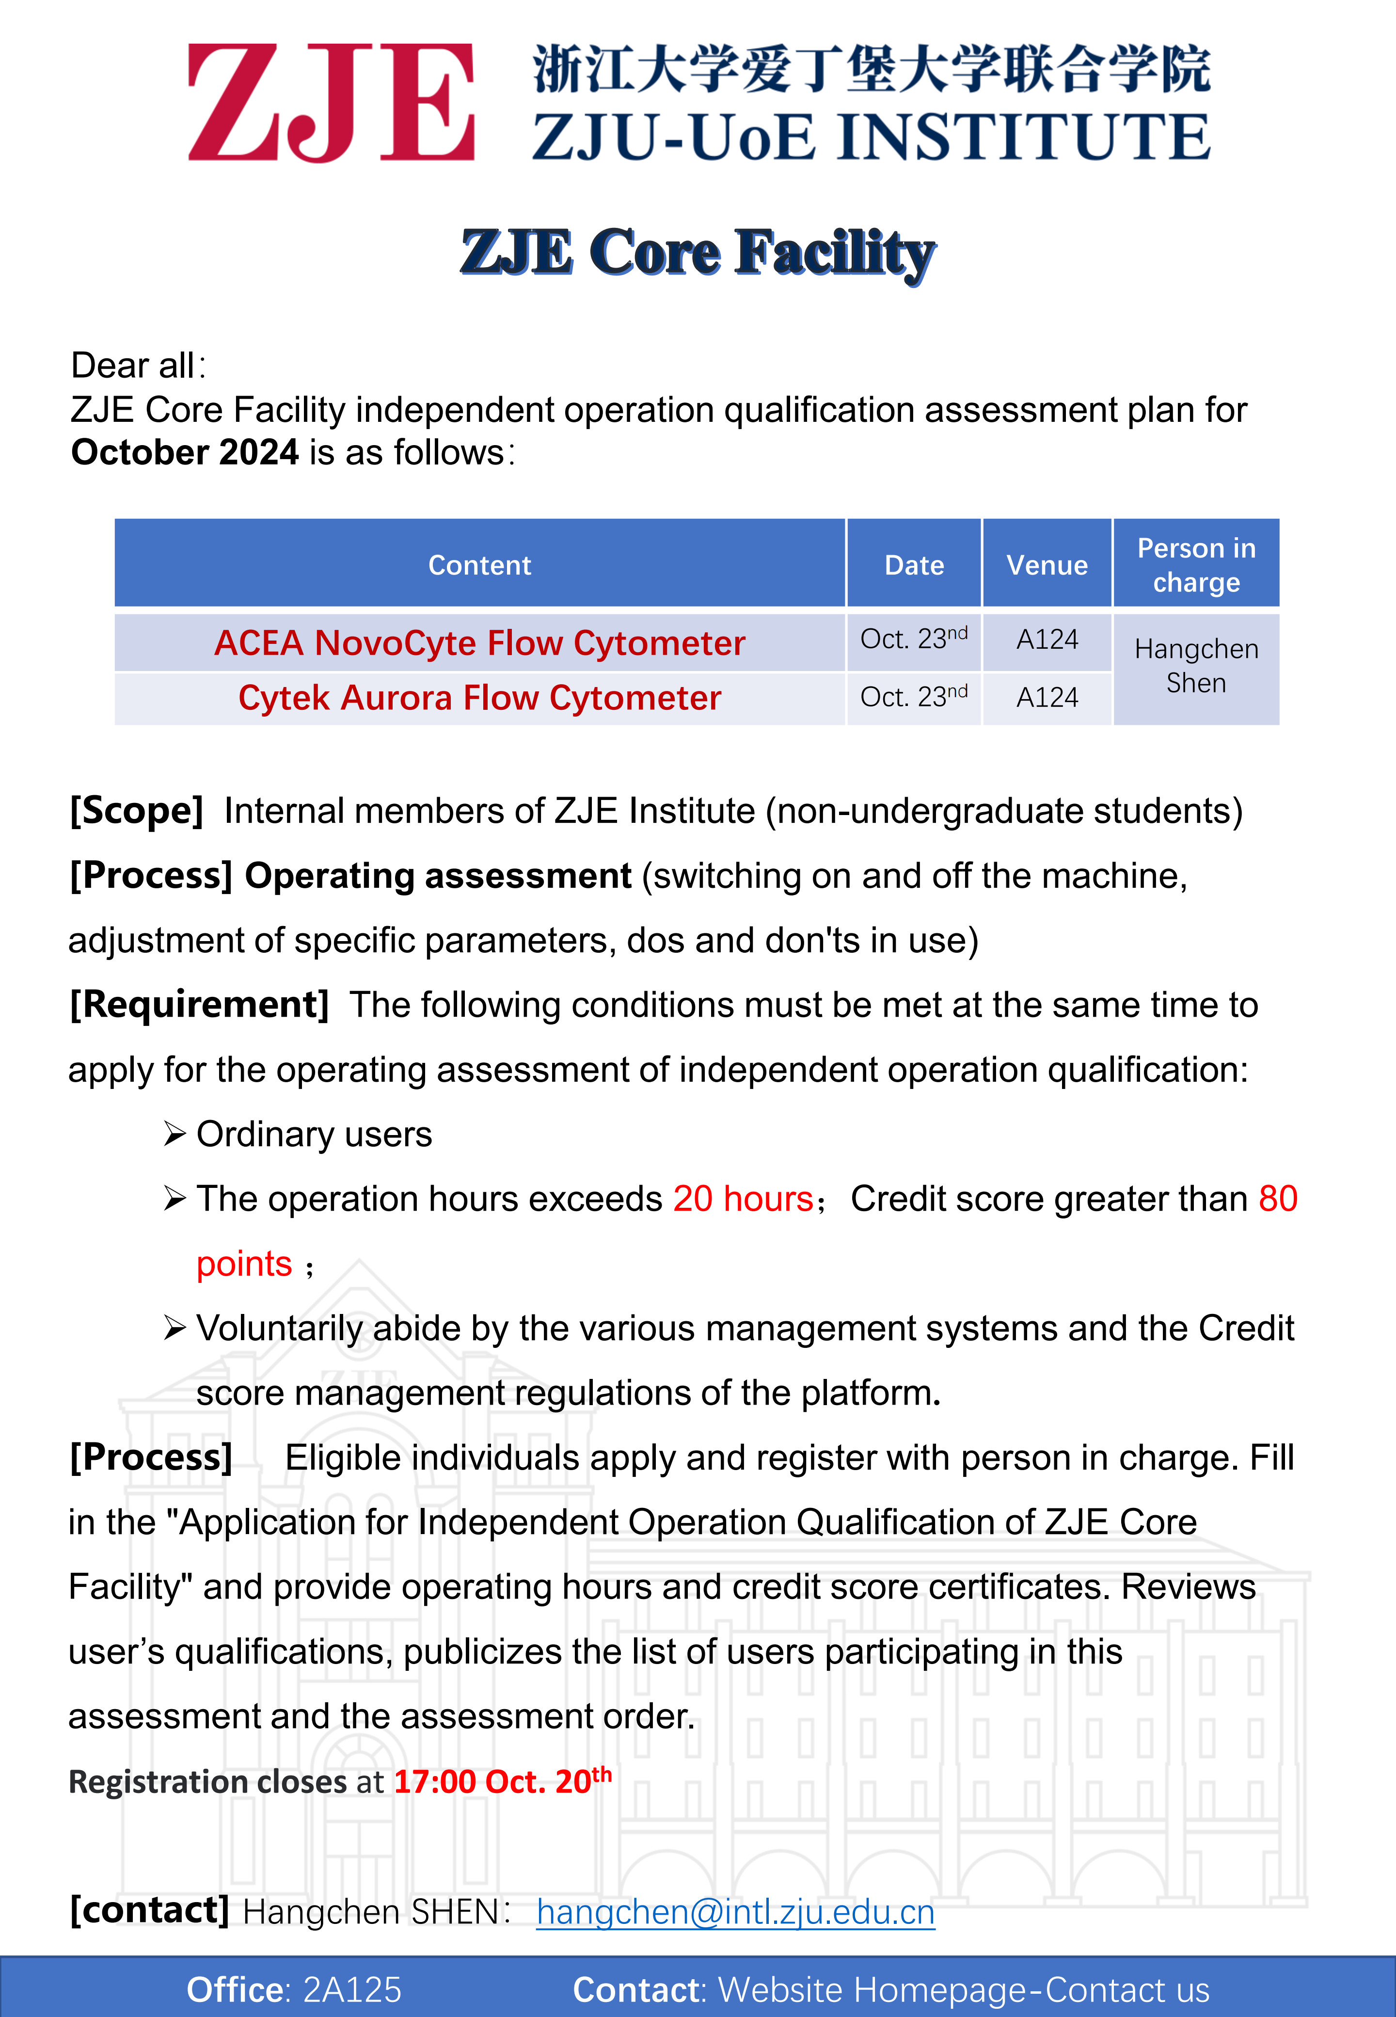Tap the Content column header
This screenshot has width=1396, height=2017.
point(479,565)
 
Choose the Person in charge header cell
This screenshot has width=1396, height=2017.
point(1196,565)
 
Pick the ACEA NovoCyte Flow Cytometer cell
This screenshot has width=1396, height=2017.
point(479,643)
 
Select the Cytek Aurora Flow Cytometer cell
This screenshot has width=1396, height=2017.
point(479,698)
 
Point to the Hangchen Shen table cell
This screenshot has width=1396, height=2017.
point(1196,666)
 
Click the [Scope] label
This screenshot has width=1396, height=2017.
point(137,811)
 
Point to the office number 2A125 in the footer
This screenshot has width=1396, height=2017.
point(351,1990)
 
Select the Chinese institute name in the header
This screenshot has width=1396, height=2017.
point(871,69)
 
